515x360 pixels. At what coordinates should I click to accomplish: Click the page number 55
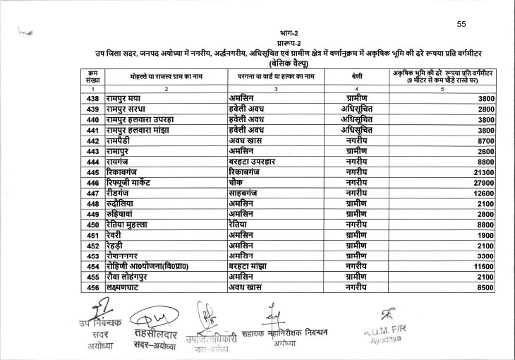pos(461,24)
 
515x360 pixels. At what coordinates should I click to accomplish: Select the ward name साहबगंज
pos(248,193)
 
